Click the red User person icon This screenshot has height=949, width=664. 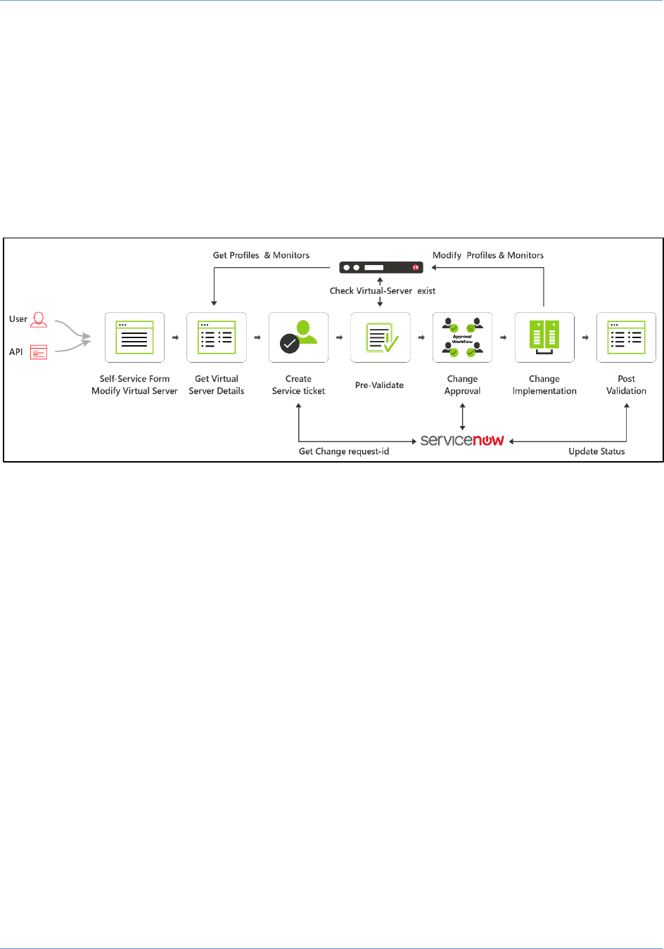(x=39, y=320)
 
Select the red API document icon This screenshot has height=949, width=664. (x=39, y=352)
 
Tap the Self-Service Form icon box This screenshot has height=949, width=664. (x=134, y=337)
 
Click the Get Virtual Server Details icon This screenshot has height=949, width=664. (x=217, y=337)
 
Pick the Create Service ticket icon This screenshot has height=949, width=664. (x=298, y=337)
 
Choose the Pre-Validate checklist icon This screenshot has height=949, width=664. (x=381, y=337)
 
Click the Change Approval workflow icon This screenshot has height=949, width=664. (x=462, y=337)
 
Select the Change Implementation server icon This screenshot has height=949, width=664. (x=544, y=337)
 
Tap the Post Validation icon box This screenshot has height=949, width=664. (x=626, y=337)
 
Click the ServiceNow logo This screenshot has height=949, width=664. (x=462, y=440)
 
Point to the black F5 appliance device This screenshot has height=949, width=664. (x=381, y=268)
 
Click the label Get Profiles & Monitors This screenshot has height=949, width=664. (x=261, y=256)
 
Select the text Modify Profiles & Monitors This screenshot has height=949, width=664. (x=488, y=256)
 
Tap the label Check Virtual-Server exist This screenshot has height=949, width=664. (x=383, y=291)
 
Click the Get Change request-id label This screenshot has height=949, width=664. (x=344, y=451)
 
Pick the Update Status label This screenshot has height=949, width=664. (x=596, y=451)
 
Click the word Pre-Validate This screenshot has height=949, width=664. (x=379, y=385)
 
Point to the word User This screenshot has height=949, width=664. (x=18, y=319)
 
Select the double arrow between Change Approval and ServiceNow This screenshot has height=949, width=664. (x=462, y=416)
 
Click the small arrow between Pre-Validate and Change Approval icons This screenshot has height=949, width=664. (x=421, y=337)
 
